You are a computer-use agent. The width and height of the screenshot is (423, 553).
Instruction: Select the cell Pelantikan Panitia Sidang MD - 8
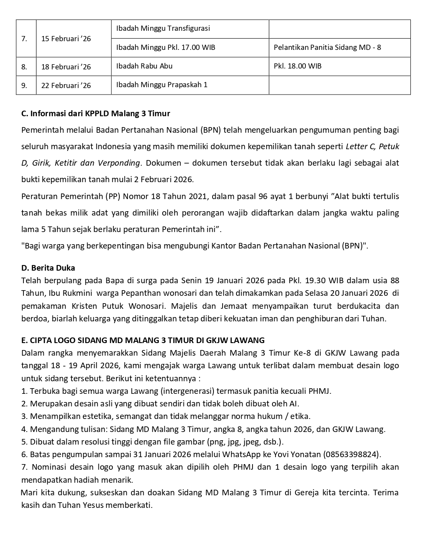coord(327,47)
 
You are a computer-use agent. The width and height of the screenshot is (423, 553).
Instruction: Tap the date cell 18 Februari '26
coord(66,67)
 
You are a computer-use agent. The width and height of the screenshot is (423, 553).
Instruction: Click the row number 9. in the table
coord(24,85)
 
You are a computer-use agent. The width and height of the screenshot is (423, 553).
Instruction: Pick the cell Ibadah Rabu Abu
coord(144,66)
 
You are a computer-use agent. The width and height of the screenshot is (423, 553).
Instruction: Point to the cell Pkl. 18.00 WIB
coord(298,66)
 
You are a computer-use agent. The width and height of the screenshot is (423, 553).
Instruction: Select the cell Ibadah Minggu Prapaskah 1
coord(162,85)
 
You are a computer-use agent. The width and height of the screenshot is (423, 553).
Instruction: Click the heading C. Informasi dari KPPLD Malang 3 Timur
coord(95,114)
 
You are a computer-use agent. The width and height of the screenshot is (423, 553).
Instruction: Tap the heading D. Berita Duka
coord(48,268)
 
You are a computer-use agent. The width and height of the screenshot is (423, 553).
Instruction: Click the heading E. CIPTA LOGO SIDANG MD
coord(143,340)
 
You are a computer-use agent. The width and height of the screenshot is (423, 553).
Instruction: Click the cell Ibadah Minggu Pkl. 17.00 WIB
coord(166,47)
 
